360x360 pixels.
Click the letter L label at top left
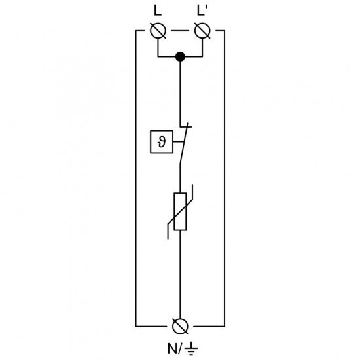[157, 11]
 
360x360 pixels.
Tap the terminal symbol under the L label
[158, 31]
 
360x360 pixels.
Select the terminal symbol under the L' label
[202, 31]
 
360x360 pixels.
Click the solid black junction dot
[180, 58]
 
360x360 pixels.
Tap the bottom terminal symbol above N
[180, 325]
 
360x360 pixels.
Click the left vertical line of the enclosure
[136, 177]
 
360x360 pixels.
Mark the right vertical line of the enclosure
[225, 177]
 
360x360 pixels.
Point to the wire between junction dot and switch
[180, 92]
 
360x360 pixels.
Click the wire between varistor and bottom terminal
[180, 275]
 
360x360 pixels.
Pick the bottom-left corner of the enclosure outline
[136, 325]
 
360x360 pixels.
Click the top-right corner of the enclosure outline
[225, 31]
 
